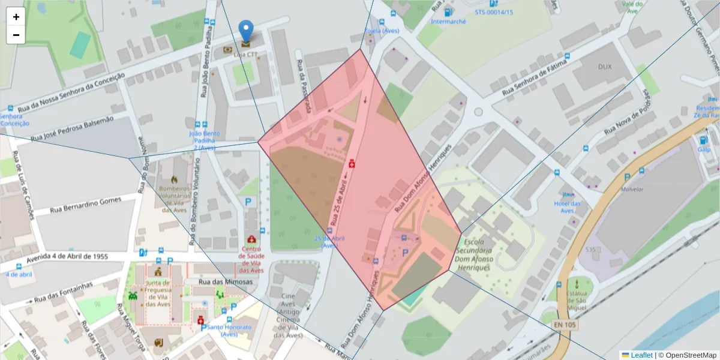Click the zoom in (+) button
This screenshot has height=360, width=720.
(16, 17)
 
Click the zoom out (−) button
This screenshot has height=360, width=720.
(16, 35)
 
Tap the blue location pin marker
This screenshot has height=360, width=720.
(246, 31)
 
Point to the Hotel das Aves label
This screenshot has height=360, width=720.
(567, 207)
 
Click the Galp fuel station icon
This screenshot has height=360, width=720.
(703, 140)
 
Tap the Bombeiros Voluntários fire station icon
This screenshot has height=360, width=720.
(174, 179)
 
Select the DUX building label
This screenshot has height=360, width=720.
(605, 67)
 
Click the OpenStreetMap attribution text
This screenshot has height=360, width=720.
(688, 355)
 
